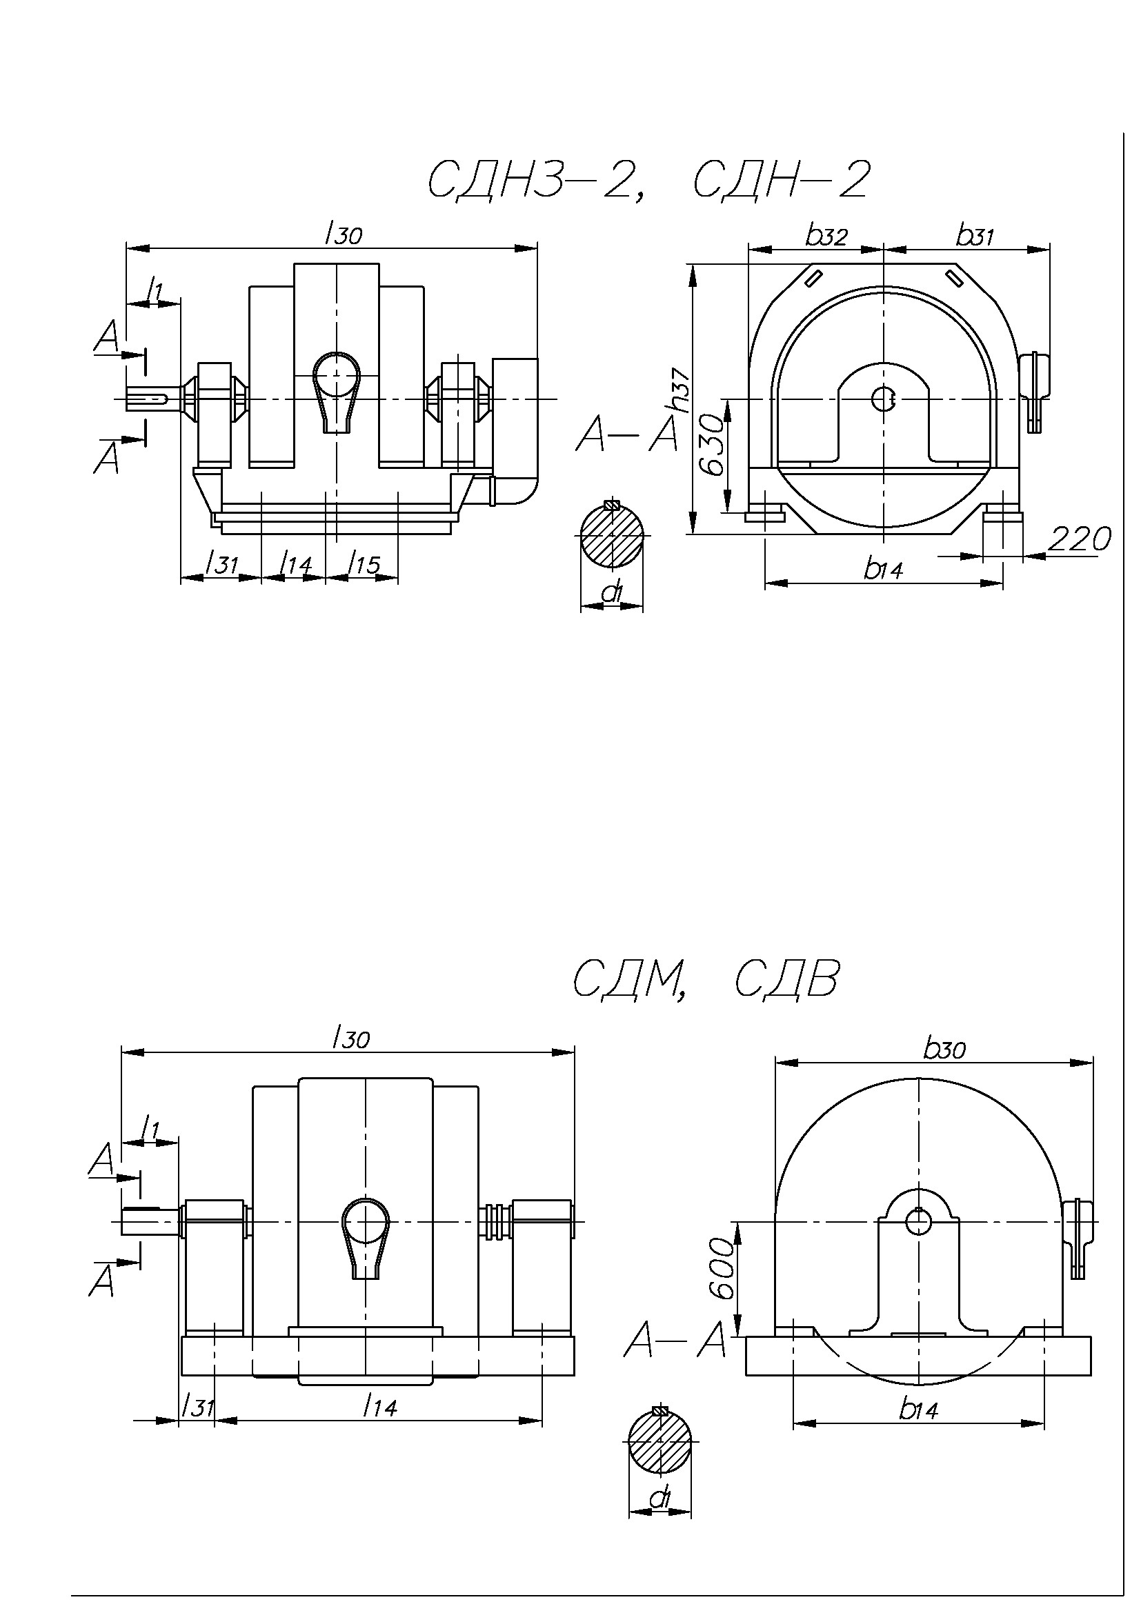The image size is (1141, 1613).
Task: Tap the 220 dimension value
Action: point(1079,539)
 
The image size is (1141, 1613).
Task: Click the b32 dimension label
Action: point(826,237)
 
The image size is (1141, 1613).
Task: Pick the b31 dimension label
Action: point(975,237)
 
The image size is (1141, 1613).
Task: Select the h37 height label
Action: point(679,390)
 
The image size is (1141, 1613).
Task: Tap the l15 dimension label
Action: point(364,564)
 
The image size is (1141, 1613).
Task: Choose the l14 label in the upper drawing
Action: point(295,564)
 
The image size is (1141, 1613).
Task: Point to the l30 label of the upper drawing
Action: point(344,234)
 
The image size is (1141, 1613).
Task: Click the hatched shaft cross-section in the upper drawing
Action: point(612,534)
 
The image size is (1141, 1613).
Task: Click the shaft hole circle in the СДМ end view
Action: point(918,1222)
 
